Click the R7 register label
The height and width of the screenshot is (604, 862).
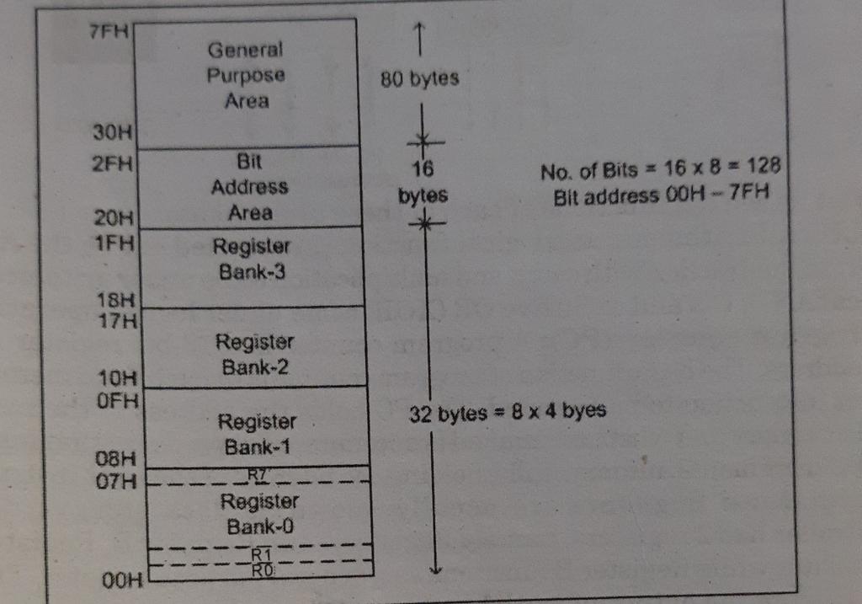pyautogui.click(x=258, y=475)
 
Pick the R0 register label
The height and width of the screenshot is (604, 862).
pyautogui.click(x=261, y=570)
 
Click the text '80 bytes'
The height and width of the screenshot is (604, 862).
pyautogui.click(x=419, y=79)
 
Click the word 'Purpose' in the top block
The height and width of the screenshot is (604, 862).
pyautogui.click(x=246, y=75)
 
